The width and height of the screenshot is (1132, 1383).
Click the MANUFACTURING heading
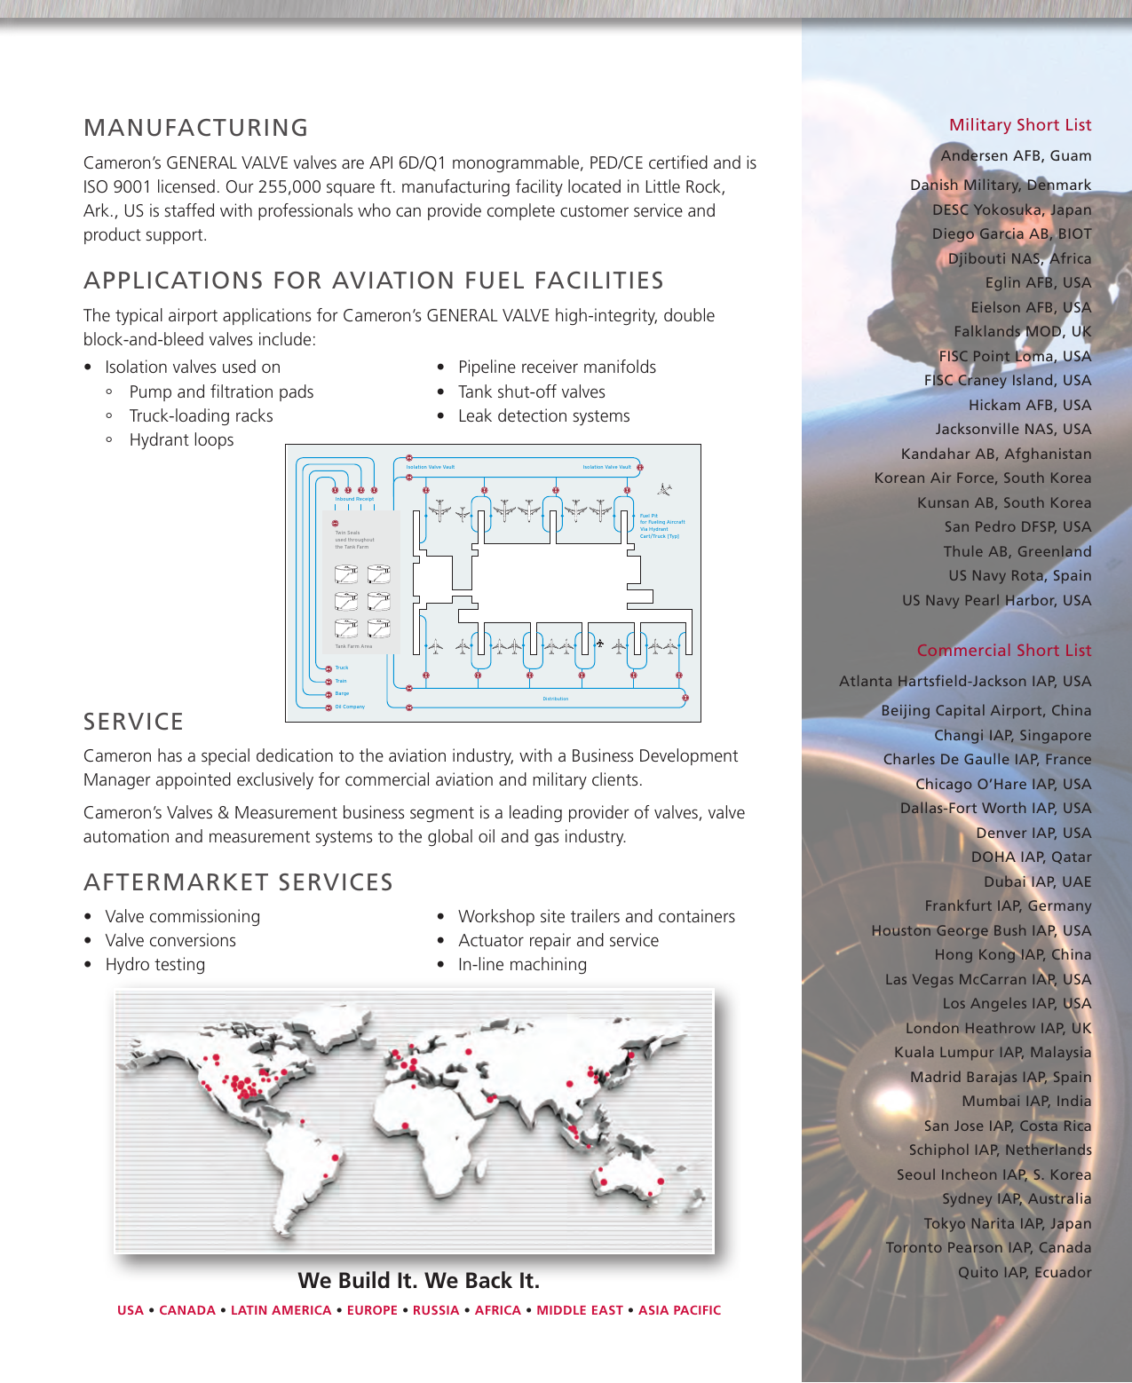tap(195, 128)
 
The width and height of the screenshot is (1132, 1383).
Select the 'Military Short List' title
tap(1020, 125)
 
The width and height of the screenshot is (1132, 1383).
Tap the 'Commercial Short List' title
tap(1003, 651)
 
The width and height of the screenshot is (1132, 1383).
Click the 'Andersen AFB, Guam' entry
tap(1016, 155)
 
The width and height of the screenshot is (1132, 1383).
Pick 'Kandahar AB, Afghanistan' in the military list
tap(995, 454)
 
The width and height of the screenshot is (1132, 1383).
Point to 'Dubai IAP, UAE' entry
tap(1037, 881)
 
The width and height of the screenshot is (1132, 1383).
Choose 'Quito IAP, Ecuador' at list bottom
tap(1024, 1272)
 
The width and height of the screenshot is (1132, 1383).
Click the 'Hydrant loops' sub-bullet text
tap(181, 440)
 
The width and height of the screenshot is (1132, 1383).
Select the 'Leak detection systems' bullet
tap(543, 416)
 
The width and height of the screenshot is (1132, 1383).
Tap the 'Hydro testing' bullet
tap(154, 965)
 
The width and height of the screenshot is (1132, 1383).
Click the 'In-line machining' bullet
tap(522, 965)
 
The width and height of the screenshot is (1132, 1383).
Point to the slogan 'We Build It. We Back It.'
tap(418, 1281)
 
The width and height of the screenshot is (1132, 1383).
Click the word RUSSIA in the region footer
tap(436, 1310)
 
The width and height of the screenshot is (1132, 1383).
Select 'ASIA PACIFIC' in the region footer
tap(679, 1310)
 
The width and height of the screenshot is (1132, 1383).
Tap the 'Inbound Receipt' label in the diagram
tap(354, 499)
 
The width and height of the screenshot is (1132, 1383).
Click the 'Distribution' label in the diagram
tap(555, 699)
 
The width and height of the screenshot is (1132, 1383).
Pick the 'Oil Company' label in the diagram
tap(350, 707)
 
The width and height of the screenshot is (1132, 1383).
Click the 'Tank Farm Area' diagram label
tap(353, 646)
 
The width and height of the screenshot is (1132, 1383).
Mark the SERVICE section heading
tap(133, 723)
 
